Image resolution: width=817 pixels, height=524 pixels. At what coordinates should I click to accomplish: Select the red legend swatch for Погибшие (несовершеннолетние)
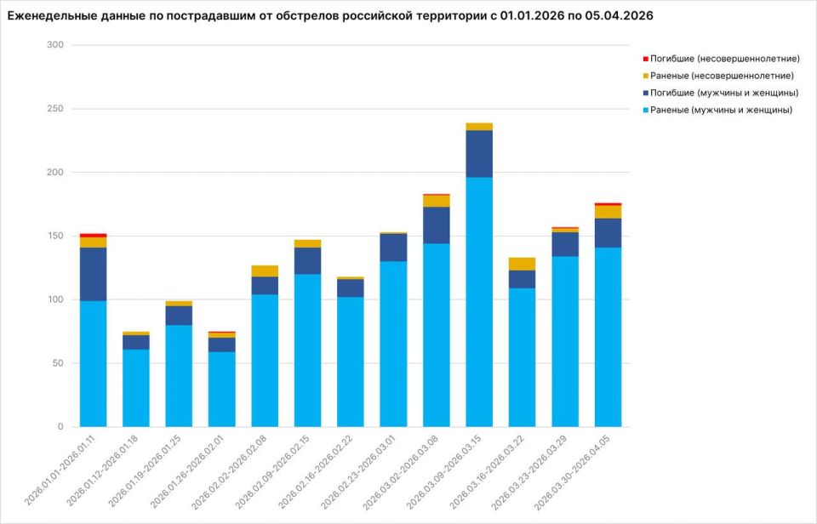pos(644,59)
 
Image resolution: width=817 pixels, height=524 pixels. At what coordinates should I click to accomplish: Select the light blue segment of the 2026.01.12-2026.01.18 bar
pos(136,388)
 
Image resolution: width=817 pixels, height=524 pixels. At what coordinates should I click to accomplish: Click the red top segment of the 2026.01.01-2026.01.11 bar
pos(94,235)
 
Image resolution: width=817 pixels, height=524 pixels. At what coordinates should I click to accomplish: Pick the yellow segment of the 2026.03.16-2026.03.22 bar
pos(522,264)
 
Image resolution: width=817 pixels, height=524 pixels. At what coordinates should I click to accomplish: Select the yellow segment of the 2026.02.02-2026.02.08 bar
pos(265,271)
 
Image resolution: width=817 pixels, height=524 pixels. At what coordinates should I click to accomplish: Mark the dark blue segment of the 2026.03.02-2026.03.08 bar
pos(437,225)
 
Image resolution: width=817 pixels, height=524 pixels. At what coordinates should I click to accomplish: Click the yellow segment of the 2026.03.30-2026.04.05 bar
pos(608,212)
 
